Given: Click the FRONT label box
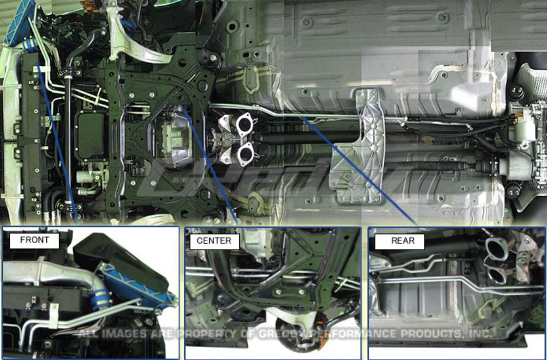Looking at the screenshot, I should click(34, 240).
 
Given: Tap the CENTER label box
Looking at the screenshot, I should click(214, 241).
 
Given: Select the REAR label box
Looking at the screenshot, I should click(402, 241).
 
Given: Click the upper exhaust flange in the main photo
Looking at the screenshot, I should click(245, 122).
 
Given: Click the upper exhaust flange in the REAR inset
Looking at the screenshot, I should click(496, 248).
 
